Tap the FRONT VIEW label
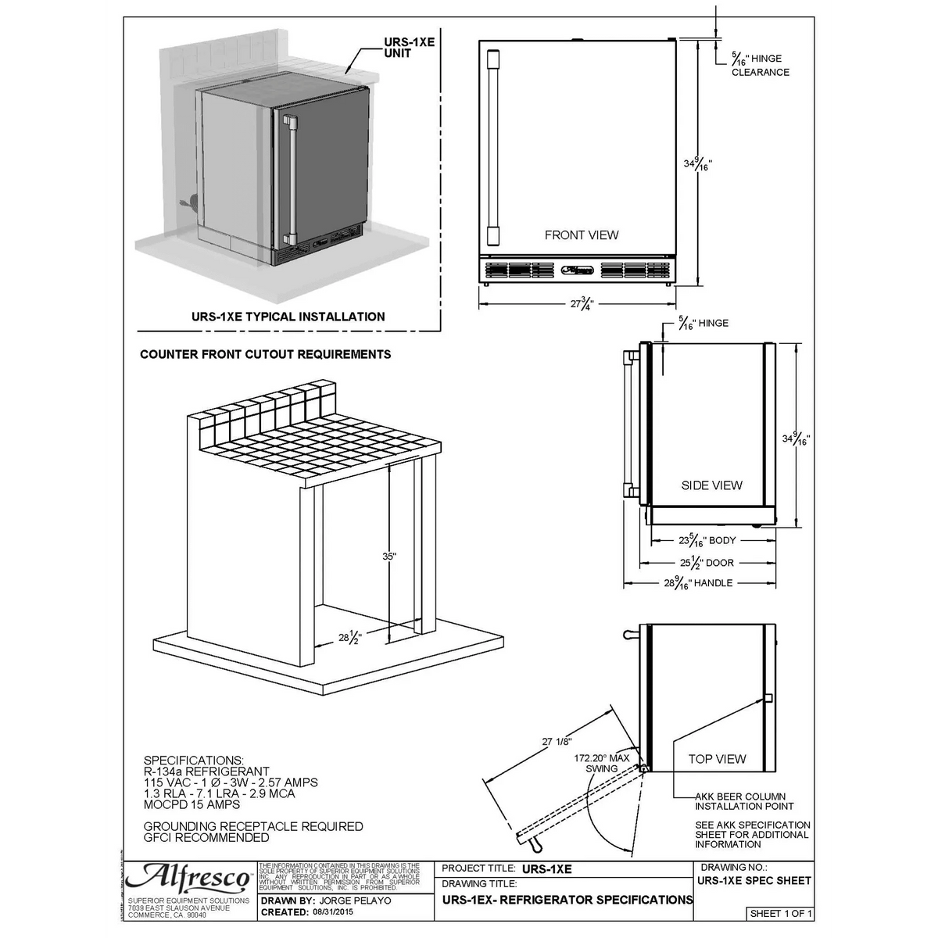coord(581,234)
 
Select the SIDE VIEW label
coord(711,485)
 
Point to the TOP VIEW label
coord(717,758)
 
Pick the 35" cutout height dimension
coord(389,557)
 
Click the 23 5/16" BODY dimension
coord(696,540)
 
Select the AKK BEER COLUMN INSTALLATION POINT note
coord(744,801)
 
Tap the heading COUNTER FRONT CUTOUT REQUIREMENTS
coord(265,354)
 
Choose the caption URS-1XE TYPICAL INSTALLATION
coord(288,317)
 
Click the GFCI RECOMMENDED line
coord(206,837)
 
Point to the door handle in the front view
coord(492,148)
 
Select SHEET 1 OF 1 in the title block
coord(781,913)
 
